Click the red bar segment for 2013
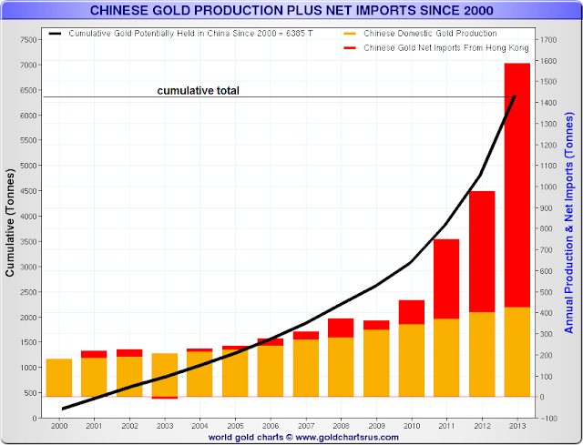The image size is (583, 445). (x=517, y=182)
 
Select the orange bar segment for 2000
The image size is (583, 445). (x=59, y=378)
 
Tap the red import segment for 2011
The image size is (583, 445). (x=445, y=278)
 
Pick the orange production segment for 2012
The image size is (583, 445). (x=481, y=354)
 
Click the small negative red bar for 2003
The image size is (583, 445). (x=165, y=398)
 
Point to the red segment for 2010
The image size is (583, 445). (x=411, y=312)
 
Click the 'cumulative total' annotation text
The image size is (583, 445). (x=198, y=91)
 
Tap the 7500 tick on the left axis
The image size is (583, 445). (x=27, y=41)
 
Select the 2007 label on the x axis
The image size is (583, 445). (x=306, y=425)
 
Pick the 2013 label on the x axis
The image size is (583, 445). (x=516, y=425)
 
